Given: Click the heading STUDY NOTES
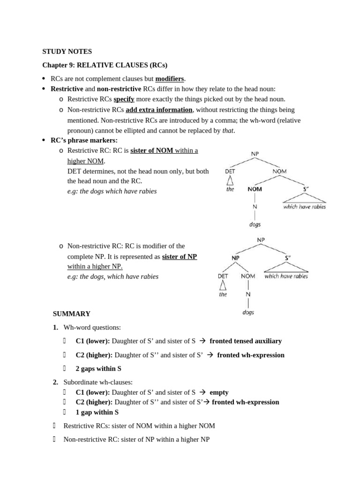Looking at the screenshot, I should (67, 52).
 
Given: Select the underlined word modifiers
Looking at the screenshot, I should (170, 78).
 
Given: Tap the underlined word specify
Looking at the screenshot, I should (124, 99).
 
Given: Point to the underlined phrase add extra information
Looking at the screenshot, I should (159, 110).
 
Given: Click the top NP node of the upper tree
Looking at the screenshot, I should (255, 153).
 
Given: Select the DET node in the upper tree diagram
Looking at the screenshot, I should (230, 172).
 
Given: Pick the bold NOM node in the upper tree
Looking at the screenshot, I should (255, 189).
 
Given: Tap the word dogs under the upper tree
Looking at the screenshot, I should (255, 225).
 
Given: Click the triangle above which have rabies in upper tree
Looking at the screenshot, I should (304, 198).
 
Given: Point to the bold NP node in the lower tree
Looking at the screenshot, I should (235, 257).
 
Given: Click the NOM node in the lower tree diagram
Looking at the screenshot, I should (248, 276).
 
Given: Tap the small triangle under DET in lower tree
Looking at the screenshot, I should (223, 285).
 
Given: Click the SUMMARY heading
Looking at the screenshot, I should (71, 314).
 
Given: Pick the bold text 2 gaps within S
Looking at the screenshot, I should (98, 369).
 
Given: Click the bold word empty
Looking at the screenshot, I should (219, 392).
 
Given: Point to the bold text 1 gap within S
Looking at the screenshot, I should (97, 412).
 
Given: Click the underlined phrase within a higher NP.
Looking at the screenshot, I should (95, 266).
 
